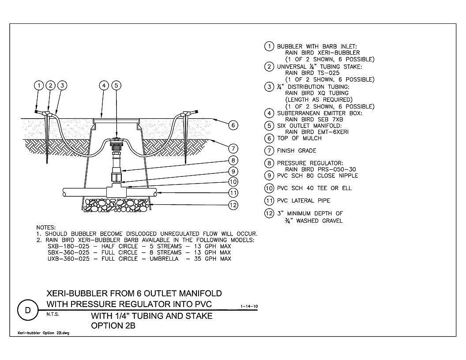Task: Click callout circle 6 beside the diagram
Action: click(x=233, y=125)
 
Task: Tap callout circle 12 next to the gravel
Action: click(x=233, y=205)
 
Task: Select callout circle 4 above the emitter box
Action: click(x=104, y=86)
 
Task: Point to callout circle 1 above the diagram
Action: click(x=39, y=86)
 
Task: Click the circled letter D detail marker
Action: click(x=28, y=311)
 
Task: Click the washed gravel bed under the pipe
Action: click(x=116, y=205)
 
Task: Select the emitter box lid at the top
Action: click(x=116, y=120)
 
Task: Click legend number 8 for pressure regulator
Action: click(x=269, y=163)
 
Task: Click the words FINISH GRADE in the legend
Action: click(x=296, y=150)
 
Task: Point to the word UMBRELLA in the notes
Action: click(x=164, y=259)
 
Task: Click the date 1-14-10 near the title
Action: click(x=249, y=306)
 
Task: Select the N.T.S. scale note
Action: click(x=53, y=314)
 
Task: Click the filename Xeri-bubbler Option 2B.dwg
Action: click(x=43, y=333)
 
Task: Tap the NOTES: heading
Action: click(x=46, y=228)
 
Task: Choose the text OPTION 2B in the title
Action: click(x=113, y=326)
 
